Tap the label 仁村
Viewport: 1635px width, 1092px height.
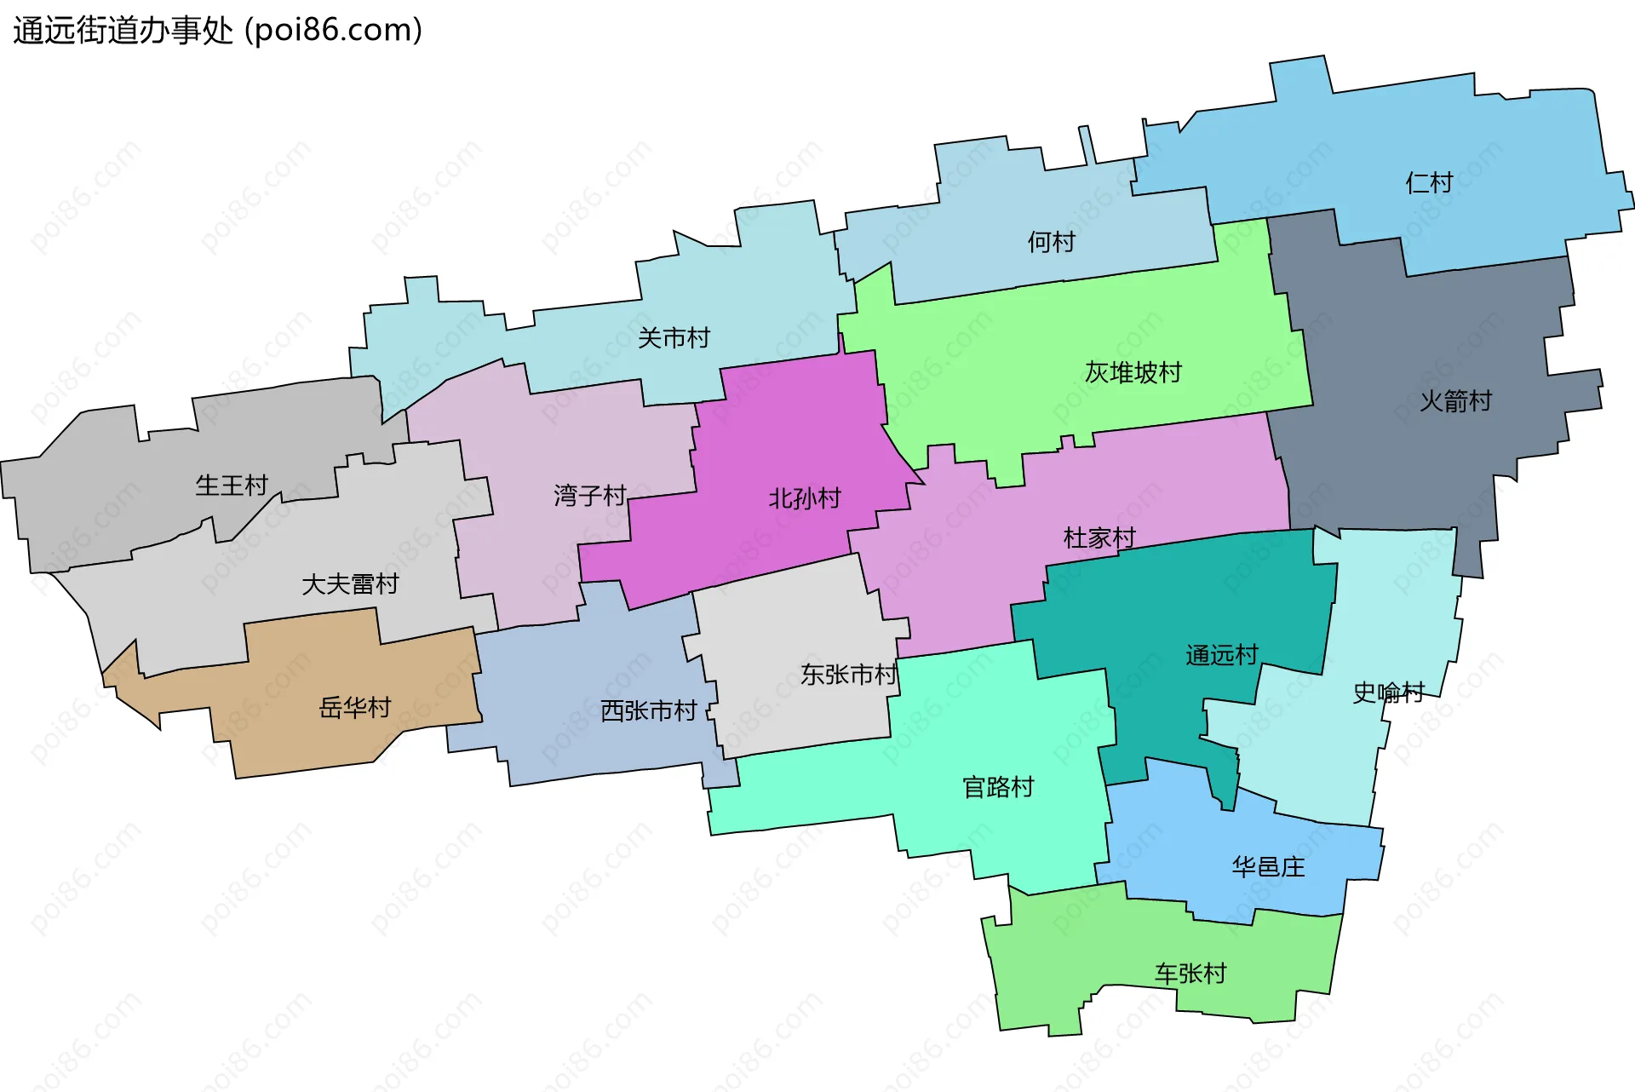tap(1428, 182)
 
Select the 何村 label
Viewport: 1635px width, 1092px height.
tap(1051, 242)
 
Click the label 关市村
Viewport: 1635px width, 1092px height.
tap(674, 338)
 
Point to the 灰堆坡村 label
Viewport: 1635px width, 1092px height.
tap(1133, 372)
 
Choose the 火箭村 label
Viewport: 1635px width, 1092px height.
tap(1455, 400)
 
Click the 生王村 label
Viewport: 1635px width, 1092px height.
tap(232, 486)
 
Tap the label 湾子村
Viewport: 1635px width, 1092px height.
tap(589, 495)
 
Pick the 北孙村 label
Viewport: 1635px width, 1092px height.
tap(805, 497)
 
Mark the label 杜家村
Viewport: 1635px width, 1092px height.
tap(1099, 537)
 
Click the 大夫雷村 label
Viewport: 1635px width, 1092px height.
tap(350, 584)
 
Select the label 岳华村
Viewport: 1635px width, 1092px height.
tap(354, 707)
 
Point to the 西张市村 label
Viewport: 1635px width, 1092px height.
tap(648, 710)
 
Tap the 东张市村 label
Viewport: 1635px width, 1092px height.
tap(848, 675)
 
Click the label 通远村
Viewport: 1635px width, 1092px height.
tap(1221, 655)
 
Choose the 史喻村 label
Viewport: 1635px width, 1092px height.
tap(1388, 693)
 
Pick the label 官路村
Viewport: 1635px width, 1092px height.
tap(998, 786)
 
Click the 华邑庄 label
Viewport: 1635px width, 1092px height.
tap(1268, 867)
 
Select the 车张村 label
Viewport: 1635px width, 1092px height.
tap(1190, 973)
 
